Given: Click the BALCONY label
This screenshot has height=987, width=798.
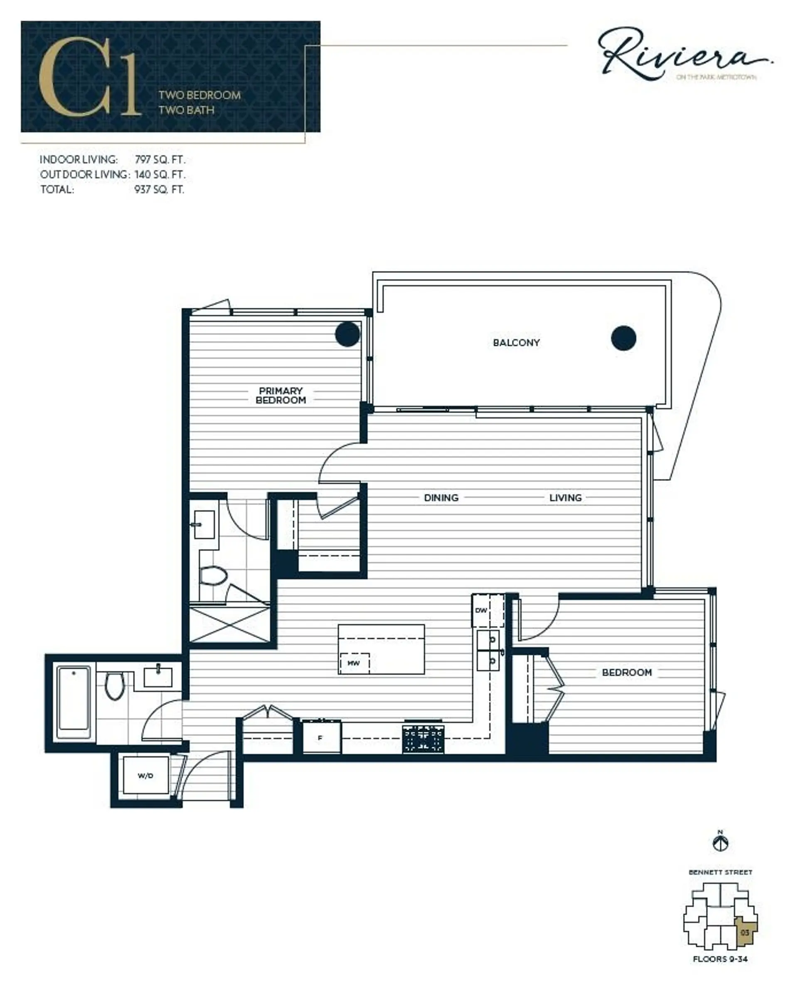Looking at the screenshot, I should tap(516, 343).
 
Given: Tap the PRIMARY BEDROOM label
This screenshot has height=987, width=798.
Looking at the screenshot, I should tap(281, 396).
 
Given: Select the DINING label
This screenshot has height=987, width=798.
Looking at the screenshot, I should tap(441, 497).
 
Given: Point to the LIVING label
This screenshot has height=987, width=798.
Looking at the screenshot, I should tap(565, 497).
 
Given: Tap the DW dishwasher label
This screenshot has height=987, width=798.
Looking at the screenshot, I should tap(481, 611).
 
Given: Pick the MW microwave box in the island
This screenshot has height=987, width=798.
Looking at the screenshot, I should tap(354, 663).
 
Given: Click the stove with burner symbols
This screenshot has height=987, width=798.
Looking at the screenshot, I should tap(423, 739).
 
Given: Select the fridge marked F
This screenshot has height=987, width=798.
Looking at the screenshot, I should tap(321, 738).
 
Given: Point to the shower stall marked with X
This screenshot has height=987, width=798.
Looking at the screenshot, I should tap(229, 624).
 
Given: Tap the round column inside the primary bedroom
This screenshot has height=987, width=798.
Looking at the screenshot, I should tap(347, 334).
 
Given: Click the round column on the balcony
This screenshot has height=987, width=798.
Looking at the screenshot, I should tap(623, 338).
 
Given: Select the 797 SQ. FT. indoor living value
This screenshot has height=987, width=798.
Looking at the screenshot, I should tap(160, 160).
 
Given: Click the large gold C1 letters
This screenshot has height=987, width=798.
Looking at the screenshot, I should tap(90, 77).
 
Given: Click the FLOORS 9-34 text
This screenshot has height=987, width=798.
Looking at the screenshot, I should tap(720, 959).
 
